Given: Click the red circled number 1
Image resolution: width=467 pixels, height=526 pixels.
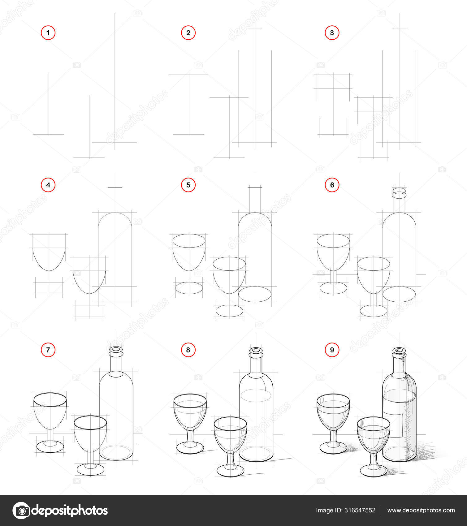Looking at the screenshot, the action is (x=48, y=32).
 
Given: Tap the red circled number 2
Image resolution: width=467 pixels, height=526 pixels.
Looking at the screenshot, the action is (x=188, y=32).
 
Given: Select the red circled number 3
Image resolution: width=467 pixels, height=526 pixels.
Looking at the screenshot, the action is (x=332, y=32).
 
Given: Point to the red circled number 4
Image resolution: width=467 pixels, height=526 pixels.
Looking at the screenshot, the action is (x=48, y=185).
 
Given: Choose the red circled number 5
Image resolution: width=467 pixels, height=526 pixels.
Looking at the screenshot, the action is (x=188, y=185).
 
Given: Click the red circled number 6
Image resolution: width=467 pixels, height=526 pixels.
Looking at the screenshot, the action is (x=332, y=185).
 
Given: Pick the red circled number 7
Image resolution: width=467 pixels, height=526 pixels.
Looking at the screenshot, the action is (x=48, y=350).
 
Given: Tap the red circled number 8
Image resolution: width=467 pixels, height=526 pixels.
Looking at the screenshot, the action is (x=188, y=350).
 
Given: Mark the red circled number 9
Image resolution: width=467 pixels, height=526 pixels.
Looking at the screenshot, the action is (x=332, y=350).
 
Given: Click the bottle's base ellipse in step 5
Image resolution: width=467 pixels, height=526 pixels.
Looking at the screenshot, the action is (x=255, y=294).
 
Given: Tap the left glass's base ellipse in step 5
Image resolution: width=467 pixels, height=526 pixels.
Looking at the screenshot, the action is (x=189, y=288).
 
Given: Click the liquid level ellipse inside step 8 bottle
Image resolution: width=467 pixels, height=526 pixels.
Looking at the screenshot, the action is (x=256, y=396).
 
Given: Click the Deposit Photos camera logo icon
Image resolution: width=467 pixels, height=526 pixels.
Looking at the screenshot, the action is (x=21, y=511).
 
